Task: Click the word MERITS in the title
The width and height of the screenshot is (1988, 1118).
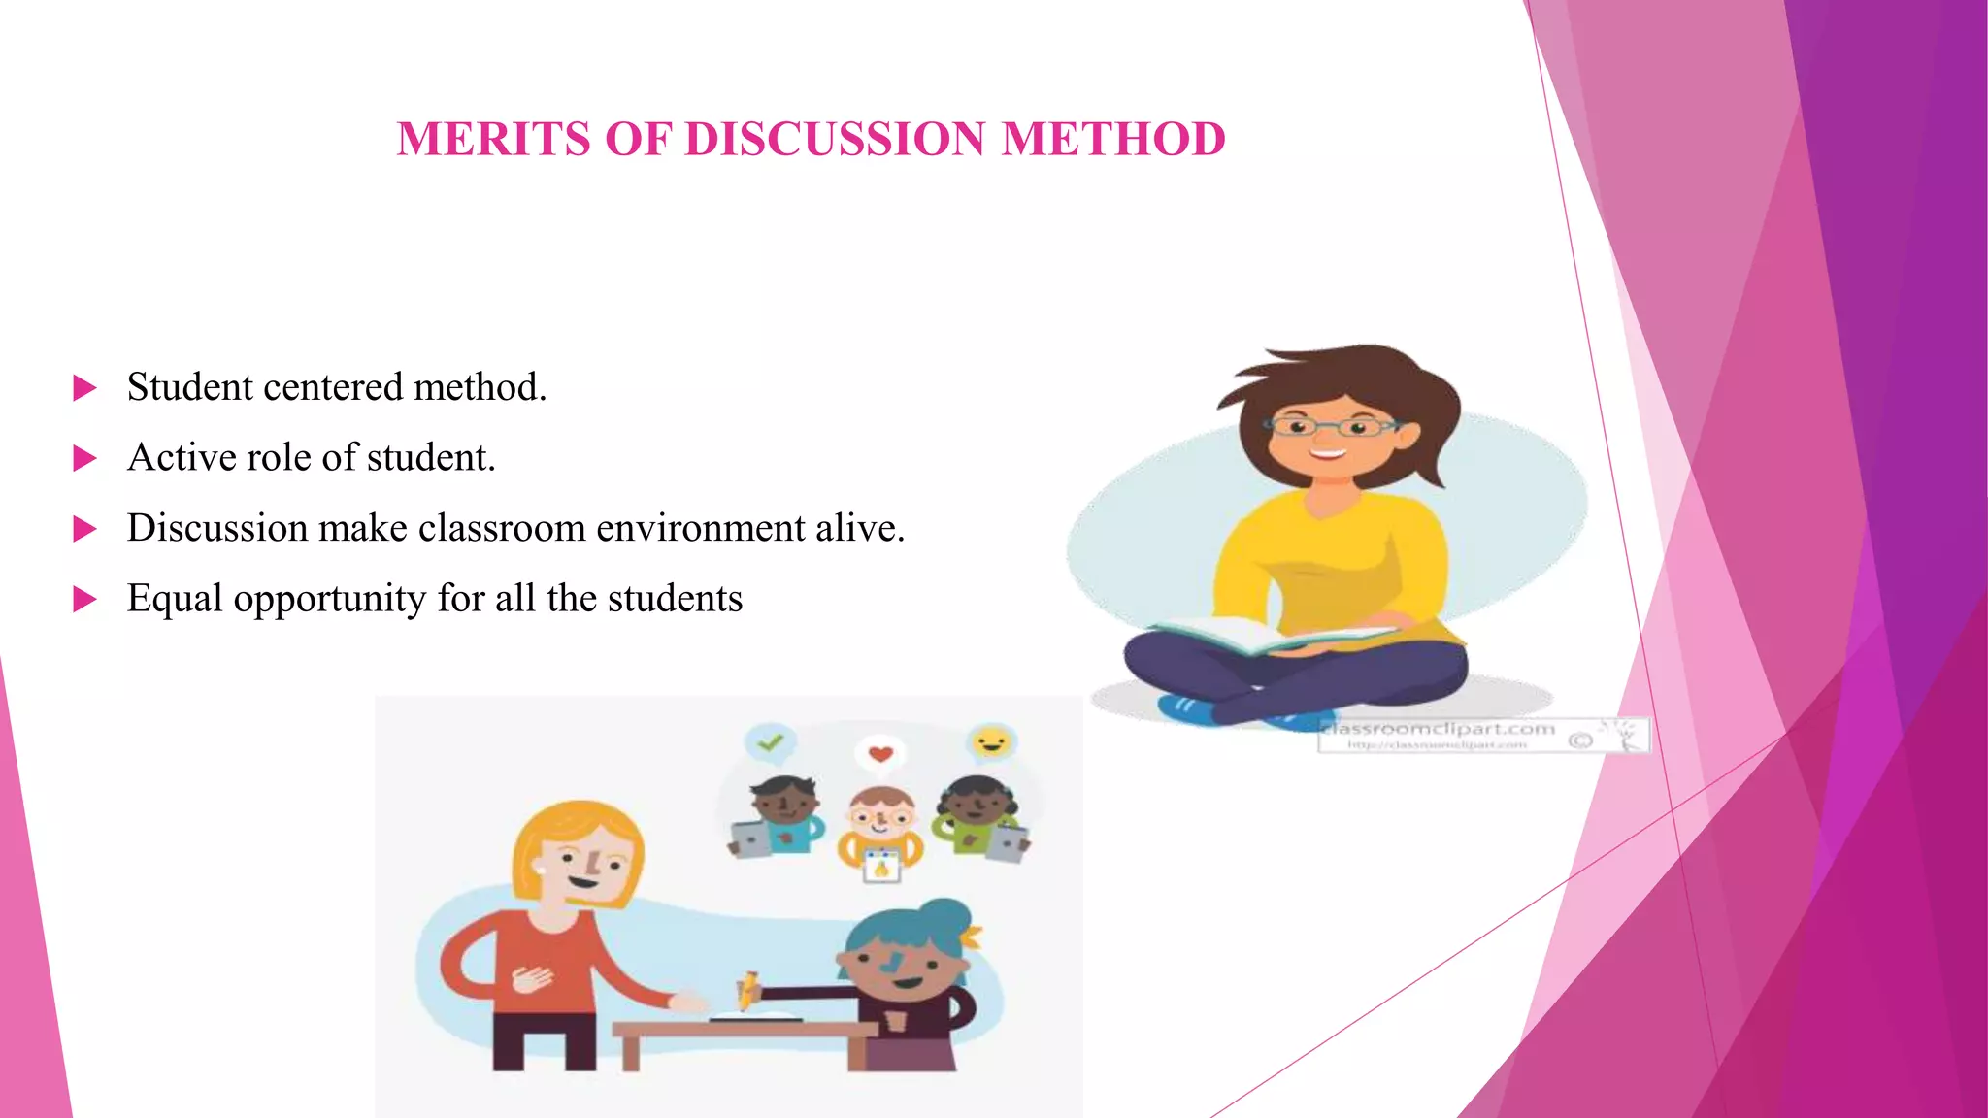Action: [x=494, y=139]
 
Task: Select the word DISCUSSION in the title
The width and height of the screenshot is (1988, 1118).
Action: [x=835, y=139]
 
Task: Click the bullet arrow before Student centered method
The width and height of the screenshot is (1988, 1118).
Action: [x=85, y=388]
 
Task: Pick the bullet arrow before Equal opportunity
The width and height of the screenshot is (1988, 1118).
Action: [x=85, y=600]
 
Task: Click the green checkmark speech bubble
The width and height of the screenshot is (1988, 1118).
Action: [x=771, y=743]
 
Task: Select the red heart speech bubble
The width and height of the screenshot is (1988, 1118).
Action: [x=880, y=754]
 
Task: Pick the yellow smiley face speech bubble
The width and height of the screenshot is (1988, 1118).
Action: [x=991, y=743]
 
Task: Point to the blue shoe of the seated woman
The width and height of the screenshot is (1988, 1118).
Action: [x=1187, y=708]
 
